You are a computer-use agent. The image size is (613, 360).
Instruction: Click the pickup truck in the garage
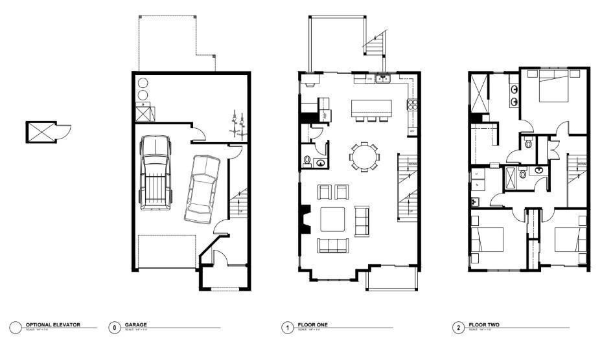coord(156,173)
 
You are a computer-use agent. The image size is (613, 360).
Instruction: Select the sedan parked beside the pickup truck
coord(202,187)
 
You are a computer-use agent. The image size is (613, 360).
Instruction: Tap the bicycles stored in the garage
coord(237,125)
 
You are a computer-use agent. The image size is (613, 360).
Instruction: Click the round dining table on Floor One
coord(364,156)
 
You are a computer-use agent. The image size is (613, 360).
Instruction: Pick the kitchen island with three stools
coord(372,108)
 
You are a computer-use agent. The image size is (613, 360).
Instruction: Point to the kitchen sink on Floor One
coord(383,79)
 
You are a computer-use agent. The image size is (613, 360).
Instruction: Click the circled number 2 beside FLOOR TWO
coord(459,328)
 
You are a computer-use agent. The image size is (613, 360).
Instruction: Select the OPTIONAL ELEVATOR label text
coord(53,324)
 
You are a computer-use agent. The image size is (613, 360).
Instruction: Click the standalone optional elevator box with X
coord(40,132)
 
